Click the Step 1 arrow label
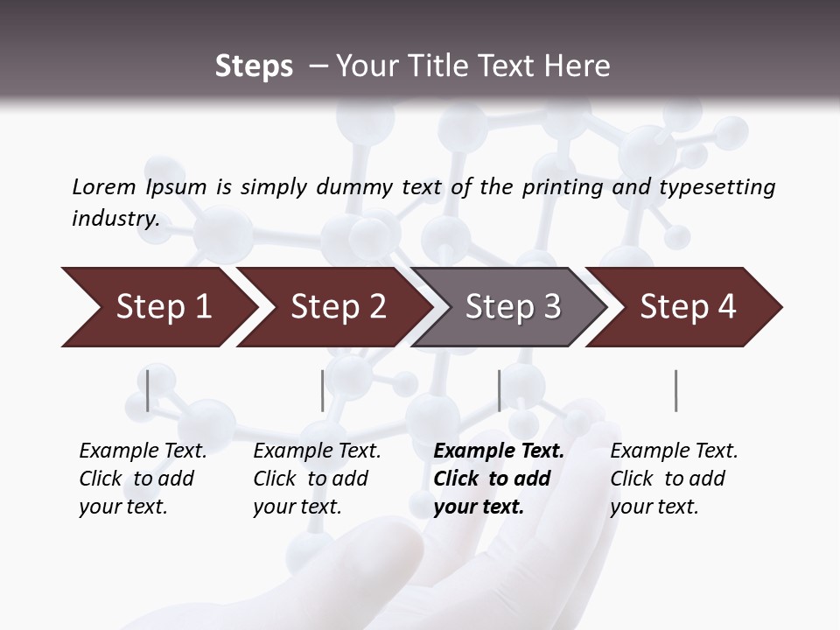[164, 307]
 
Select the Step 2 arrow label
[339, 307]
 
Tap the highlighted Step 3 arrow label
[513, 307]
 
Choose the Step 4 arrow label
[688, 307]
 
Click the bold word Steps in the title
[254, 66]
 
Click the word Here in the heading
[579, 66]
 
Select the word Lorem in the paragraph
[104, 187]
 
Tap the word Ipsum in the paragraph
[177, 187]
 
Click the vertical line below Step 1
[148, 390]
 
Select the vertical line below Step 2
[323, 390]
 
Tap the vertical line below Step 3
[499, 390]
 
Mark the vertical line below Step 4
[676, 390]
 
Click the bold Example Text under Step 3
[499, 451]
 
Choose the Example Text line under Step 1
[143, 451]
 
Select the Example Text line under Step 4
[674, 451]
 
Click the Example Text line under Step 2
[317, 451]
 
